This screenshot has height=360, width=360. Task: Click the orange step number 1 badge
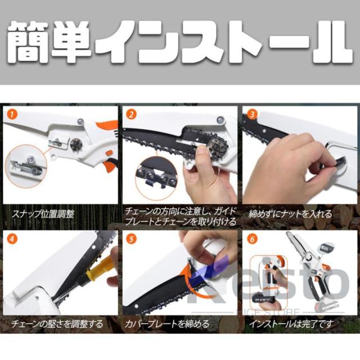click(12, 114)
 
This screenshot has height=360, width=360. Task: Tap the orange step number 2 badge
click(131, 114)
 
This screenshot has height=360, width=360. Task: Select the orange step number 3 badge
click(252, 114)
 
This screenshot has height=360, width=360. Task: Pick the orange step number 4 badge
click(12, 239)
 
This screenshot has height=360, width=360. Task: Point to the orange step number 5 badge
click(131, 239)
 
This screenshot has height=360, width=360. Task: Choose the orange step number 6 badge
click(252, 239)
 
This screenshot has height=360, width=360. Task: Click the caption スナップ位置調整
click(43, 214)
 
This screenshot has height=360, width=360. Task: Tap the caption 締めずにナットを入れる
click(290, 214)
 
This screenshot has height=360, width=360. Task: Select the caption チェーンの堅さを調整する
click(57, 324)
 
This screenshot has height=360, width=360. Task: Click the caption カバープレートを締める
click(167, 324)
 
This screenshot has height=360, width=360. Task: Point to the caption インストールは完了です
click(291, 324)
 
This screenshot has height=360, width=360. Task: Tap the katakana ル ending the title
click(332, 43)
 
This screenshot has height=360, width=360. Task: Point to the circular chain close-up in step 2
click(156, 177)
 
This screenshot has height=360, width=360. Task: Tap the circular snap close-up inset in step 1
click(26, 166)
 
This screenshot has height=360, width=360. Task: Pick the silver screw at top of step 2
click(220, 119)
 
